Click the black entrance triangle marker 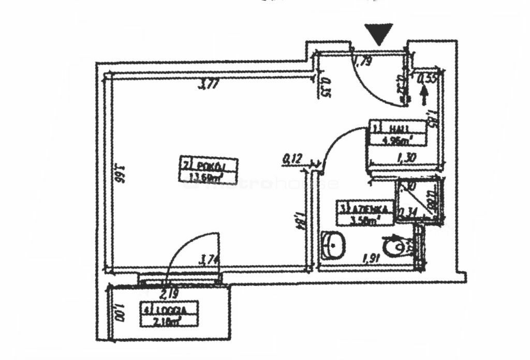tap(379, 34)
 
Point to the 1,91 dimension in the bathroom tap(372, 257)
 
